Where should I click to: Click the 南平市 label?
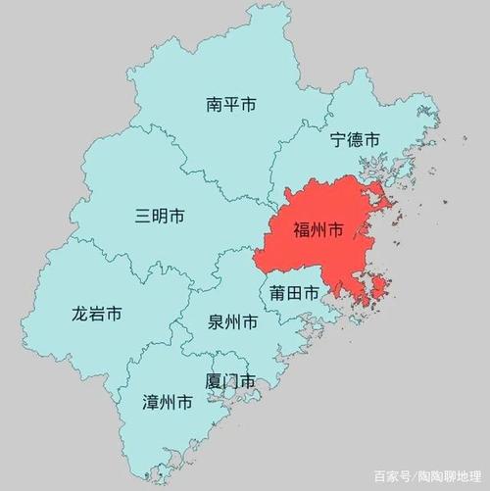231,105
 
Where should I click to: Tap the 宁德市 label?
354,140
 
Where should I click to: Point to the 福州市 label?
318,231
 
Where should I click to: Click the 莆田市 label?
294,293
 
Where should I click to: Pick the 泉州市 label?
233,322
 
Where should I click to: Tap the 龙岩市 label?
96,315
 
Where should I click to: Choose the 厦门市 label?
230,381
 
